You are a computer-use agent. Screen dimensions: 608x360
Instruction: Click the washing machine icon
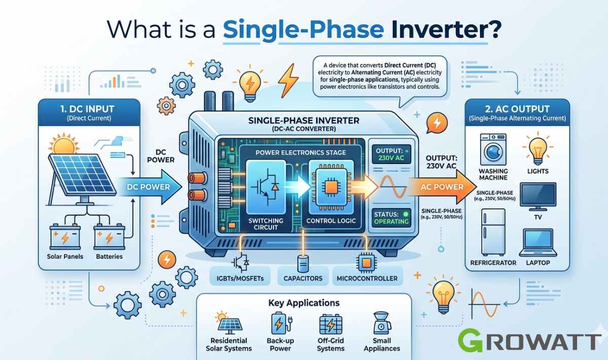pos(493,149)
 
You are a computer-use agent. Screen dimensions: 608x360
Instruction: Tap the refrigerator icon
pos(493,232)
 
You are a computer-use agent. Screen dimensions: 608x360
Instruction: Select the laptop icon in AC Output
pos(538,243)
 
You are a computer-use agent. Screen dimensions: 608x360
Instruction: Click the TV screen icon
pos(538,196)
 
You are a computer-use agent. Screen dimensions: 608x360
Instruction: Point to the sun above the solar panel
pos(64,144)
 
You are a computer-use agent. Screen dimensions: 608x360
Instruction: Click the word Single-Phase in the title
pos(303,29)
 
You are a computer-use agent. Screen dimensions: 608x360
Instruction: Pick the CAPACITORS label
pos(303,278)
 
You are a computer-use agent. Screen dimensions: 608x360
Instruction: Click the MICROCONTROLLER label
pos(367,278)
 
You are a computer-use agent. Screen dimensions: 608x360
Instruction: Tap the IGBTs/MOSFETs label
pos(240,278)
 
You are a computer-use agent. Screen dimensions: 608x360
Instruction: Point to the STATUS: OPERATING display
pos(391,218)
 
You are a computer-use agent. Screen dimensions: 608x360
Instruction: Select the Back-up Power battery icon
pos(281,324)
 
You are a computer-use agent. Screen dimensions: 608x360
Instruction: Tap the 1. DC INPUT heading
pos(87,109)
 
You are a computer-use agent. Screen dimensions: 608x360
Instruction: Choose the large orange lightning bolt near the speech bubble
pos(288,81)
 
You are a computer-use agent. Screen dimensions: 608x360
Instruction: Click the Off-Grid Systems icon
pos(330,324)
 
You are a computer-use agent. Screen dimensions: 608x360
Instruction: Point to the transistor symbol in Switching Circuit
pos(265,187)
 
